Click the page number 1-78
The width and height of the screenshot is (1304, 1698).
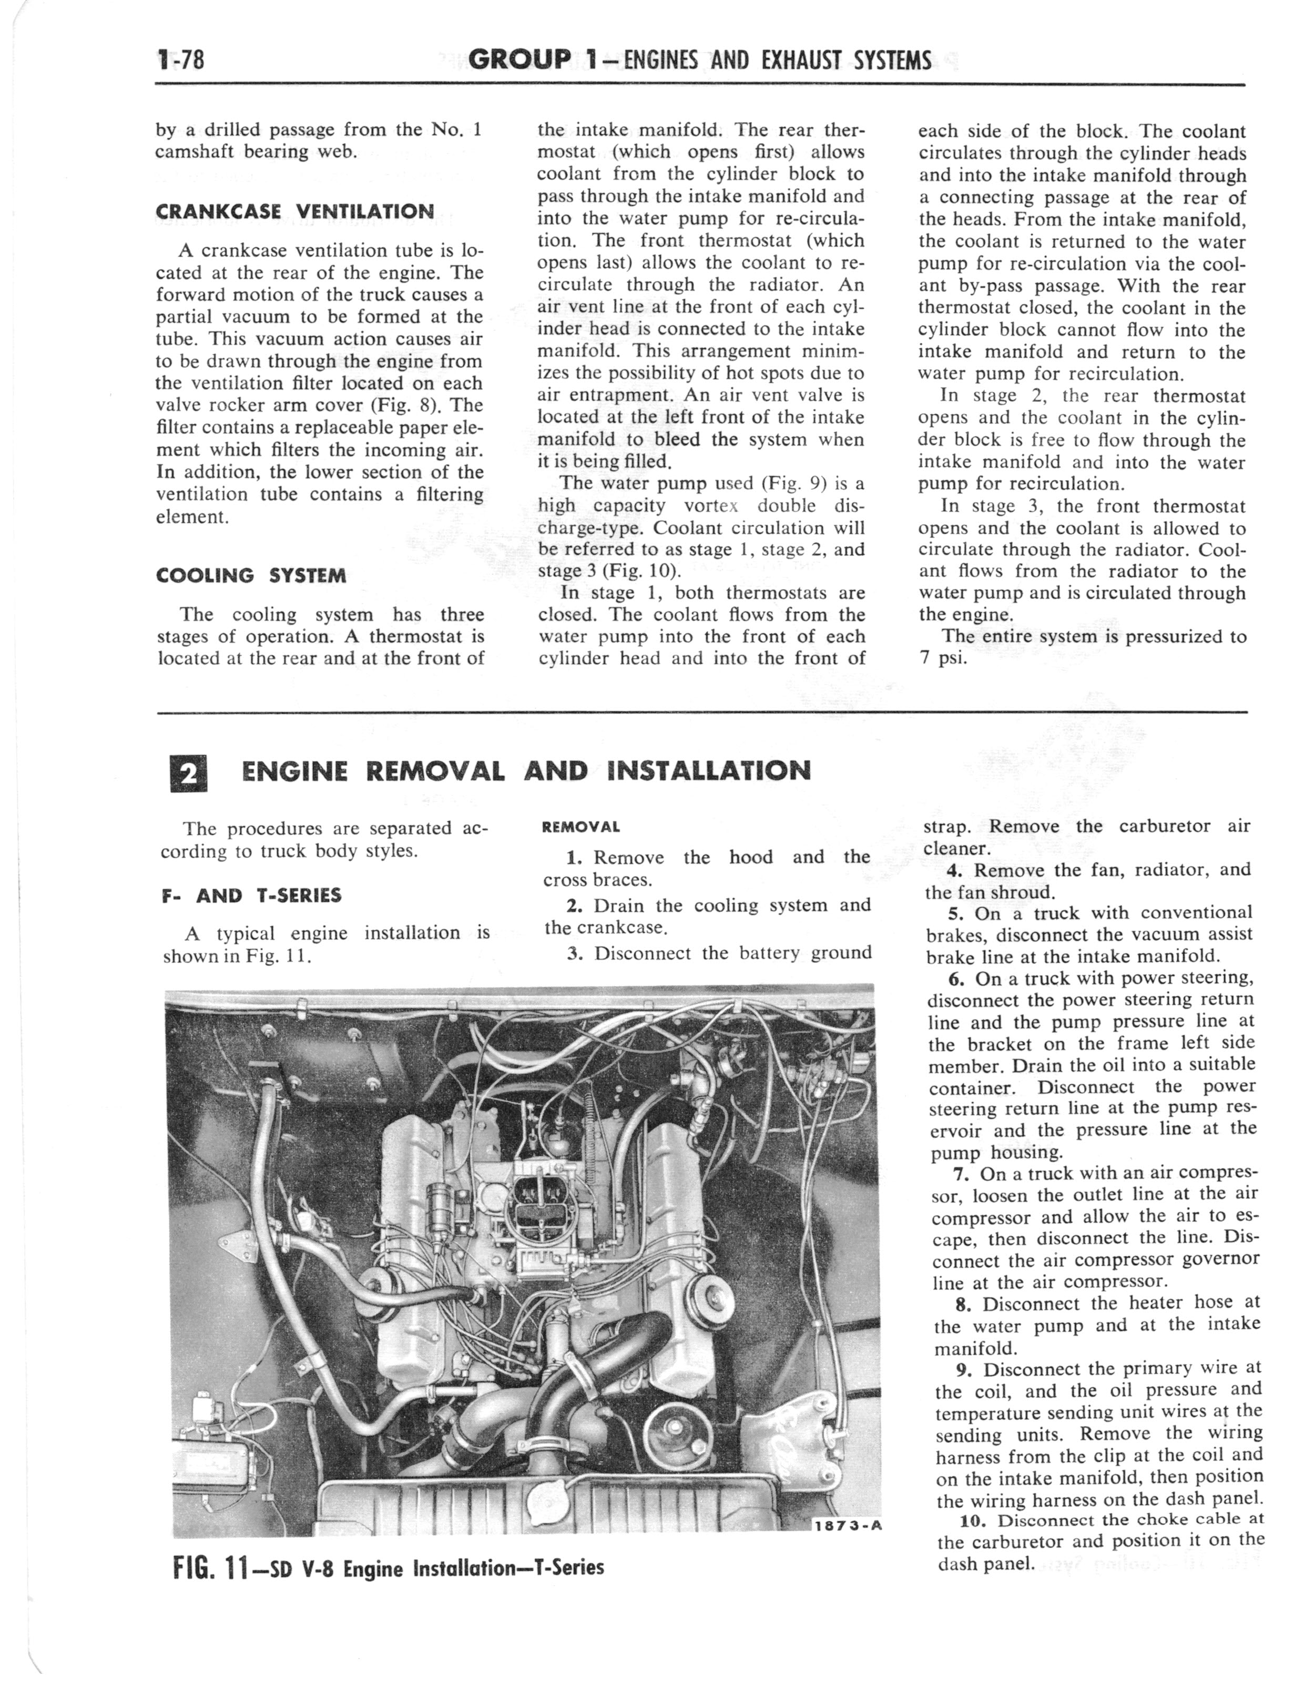[x=180, y=60]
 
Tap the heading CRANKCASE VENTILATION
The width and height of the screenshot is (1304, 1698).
[x=295, y=211]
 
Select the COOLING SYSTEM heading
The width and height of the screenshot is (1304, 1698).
[x=251, y=575]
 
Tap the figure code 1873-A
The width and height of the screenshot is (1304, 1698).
[x=848, y=1523]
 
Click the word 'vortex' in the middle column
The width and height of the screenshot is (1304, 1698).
[x=711, y=506]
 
